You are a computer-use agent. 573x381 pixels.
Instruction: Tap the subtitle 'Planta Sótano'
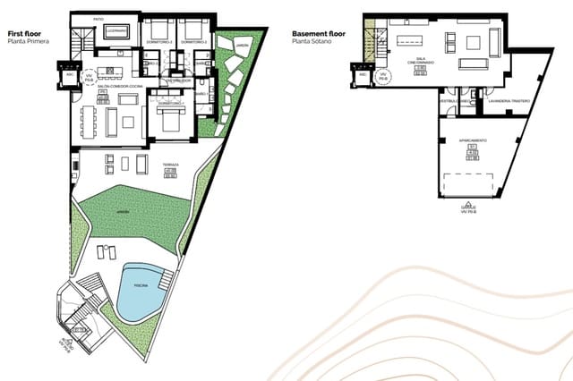tap(313, 42)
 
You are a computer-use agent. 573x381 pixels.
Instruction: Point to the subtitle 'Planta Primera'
tap(28, 42)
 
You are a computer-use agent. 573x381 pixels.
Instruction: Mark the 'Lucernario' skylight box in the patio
tap(115, 31)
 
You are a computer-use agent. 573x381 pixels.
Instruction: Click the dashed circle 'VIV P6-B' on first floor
tap(88, 78)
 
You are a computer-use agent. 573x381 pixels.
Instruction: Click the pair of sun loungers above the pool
tap(107, 251)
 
